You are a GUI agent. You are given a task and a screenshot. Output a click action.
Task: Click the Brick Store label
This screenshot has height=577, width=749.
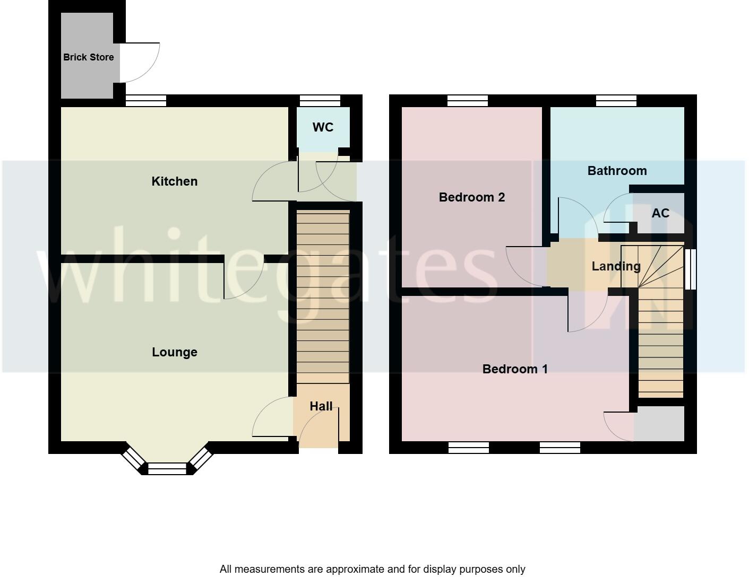click(88, 57)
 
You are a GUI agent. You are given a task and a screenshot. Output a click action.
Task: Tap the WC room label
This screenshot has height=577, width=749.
click(323, 127)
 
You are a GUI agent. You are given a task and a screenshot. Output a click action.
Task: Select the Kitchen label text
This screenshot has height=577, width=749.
click(174, 181)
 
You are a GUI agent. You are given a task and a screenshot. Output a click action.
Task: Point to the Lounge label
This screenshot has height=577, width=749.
click(174, 352)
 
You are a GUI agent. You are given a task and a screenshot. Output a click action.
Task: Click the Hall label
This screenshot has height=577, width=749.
click(321, 406)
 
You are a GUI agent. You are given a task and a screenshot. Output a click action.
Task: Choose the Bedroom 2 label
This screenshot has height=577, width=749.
click(471, 197)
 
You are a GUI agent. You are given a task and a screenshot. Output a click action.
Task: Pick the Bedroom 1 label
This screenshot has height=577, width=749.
click(514, 369)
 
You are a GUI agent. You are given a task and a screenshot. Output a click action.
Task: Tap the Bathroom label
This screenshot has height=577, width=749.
click(617, 171)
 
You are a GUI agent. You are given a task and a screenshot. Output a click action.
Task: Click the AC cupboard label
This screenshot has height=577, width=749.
click(660, 213)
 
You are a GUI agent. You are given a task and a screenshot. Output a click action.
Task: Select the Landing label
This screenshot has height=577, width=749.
click(616, 266)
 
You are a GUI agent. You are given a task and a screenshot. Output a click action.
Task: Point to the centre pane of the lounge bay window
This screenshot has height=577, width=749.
click(167, 469)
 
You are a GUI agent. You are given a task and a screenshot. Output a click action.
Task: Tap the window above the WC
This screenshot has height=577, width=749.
click(320, 101)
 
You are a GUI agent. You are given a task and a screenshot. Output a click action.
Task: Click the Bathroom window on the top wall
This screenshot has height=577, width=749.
click(616, 101)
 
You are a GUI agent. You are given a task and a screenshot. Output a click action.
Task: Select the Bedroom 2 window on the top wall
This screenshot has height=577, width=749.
click(467, 101)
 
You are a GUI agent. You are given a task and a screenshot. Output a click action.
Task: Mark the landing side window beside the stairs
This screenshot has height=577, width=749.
click(690, 269)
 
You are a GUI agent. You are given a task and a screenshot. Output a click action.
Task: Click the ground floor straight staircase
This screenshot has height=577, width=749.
click(322, 297)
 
